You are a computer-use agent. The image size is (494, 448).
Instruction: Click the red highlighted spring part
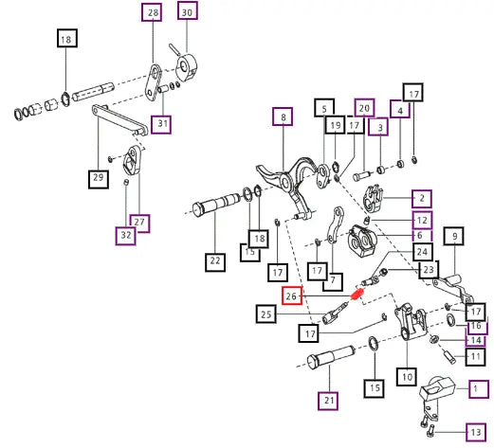pyautogui.click(x=357, y=295)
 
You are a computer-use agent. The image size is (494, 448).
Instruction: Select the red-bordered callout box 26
pyautogui.click(x=292, y=296)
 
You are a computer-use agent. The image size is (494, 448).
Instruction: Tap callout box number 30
pyautogui.click(x=188, y=12)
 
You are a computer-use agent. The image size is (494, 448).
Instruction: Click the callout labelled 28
pyautogui.click(x=152, y=13)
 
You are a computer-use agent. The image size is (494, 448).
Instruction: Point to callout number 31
pyautogui.click(x=161, y=124)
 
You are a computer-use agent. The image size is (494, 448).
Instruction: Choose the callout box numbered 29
pyautogui.click(x=99, y=179)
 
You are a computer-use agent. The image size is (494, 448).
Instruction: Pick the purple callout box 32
pyautogui.click(x=126, y=236)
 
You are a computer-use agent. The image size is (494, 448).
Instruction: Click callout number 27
pyautogui.click(x=140, y=222)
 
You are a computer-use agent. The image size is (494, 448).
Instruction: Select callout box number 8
pyautogui.click(x=283, y=116)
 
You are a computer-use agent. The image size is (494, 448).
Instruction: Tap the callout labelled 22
pyautogui.click(x=215, y=261)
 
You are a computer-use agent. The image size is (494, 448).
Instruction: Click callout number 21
pyautogui.click(x=328, y=401)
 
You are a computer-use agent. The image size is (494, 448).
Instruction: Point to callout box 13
pyautogui.click(x=477, y=432)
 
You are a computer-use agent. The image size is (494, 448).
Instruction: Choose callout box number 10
pyautogui.click(x=407, y=377)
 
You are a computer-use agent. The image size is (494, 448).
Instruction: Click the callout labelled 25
pyautogui.click(x=266, y=314)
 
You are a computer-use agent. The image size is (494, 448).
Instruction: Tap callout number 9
pyautogui.click(x=454, y=237)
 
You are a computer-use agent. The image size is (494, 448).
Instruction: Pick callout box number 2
pyautogui.click(x=422, y=199)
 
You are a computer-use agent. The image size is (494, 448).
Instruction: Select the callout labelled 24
pyautogui.click(x=423, y=252)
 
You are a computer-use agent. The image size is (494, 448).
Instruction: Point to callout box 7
pyautogui.click(x=333, y=281)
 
